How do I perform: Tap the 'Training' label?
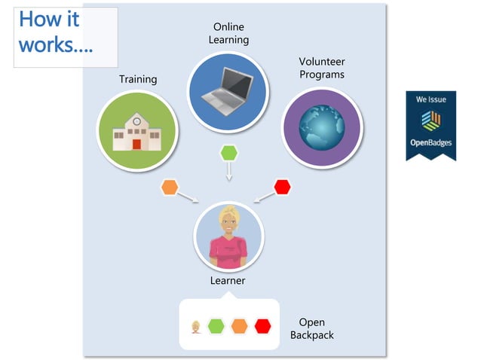click(x=138, y=79)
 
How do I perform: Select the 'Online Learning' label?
click(x=228, y=33)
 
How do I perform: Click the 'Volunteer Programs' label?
click(x=322, y=68)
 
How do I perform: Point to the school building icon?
click(x=137, y=132)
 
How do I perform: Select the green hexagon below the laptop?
click(x=228, y=153)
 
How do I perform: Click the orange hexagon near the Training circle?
click(x=170, y=187)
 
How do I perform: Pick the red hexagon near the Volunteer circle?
click(x=282, y=187)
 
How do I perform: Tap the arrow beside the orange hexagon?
click(x=188, y=197)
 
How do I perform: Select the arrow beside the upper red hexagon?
click(x=265, y=197)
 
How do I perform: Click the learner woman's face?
click(x=227, y=222)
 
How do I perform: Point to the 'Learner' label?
click(x=228, y=281)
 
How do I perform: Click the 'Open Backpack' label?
click(x=311, y=328)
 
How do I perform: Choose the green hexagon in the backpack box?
click(x=216, y=326)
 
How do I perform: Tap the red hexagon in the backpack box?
click(x=262, y=326)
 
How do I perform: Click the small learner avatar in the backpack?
click(x=196, y=327)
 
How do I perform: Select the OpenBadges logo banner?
click(x=430, y=125)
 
